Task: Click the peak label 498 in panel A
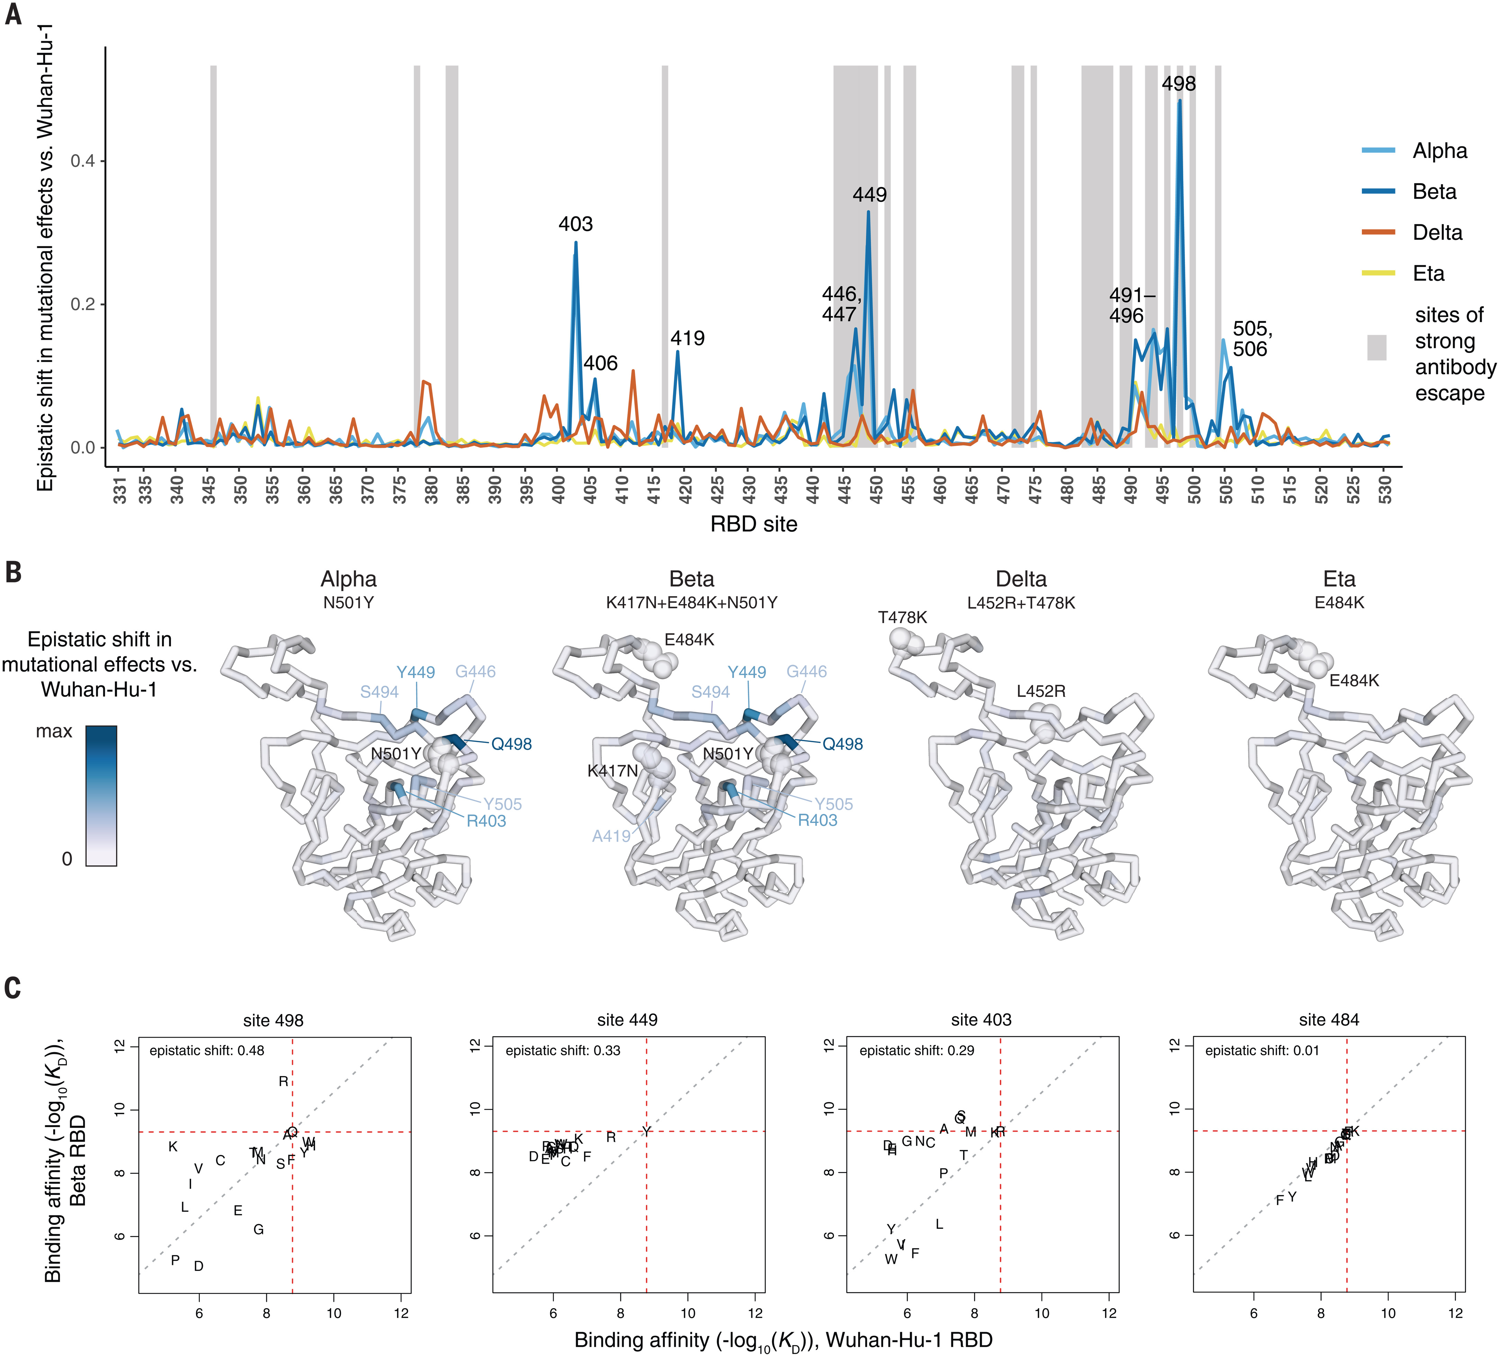[1178, 84]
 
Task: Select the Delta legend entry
[1437, 233]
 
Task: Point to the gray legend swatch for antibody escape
[1376, 348]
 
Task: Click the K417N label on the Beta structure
[612, 771]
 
